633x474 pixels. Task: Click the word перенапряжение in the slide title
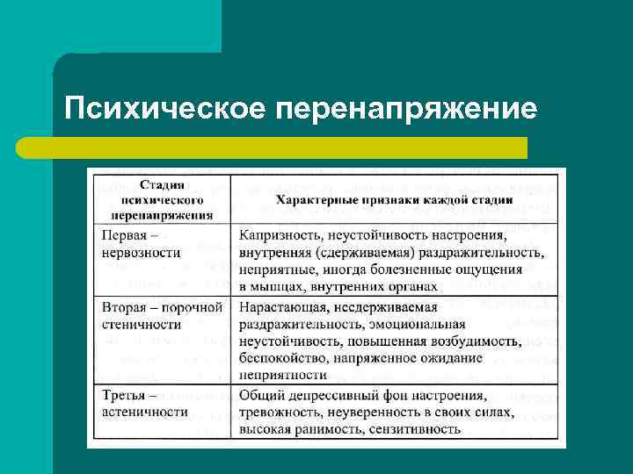point(406,109)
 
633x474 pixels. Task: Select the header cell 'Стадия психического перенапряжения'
point(162,199)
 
